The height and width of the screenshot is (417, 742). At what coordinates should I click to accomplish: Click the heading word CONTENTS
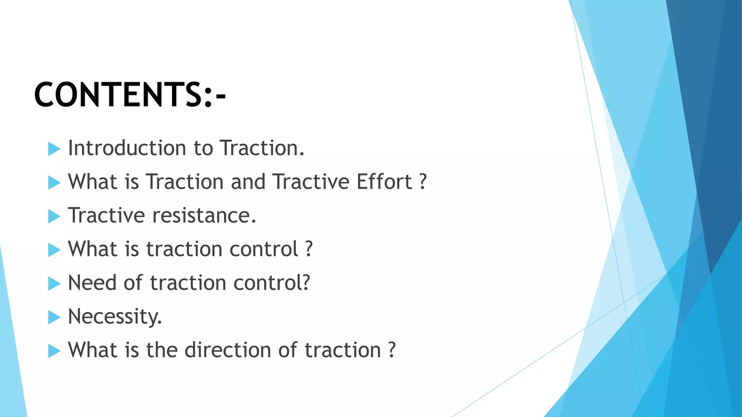(x=118, y=95)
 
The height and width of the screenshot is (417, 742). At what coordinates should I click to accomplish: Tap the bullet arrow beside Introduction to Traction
(x=54, y=149)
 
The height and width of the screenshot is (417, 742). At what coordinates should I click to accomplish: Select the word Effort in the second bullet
(x=384, y=182)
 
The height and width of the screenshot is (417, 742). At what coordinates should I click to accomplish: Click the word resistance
(x=204, y=215)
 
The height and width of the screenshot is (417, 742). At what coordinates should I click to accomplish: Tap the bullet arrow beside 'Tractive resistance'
(x=54, y=216)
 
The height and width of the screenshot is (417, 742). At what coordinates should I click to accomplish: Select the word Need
(x=92, y=283)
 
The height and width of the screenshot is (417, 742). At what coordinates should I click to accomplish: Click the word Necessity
(x=114, y=317)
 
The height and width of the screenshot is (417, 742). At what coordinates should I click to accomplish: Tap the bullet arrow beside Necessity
(x=54, y=317)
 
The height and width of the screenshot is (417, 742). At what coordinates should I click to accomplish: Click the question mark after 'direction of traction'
(x=392, y=350)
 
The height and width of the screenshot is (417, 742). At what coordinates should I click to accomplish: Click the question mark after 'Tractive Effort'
(x=423, y=182)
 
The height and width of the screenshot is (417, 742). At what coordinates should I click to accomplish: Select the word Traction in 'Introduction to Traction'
(x=262, y=148)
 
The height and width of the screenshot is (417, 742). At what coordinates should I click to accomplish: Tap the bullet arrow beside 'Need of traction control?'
(x=54, y=284)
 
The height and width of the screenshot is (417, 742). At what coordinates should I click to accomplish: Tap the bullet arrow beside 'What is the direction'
(x=54, y=351)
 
